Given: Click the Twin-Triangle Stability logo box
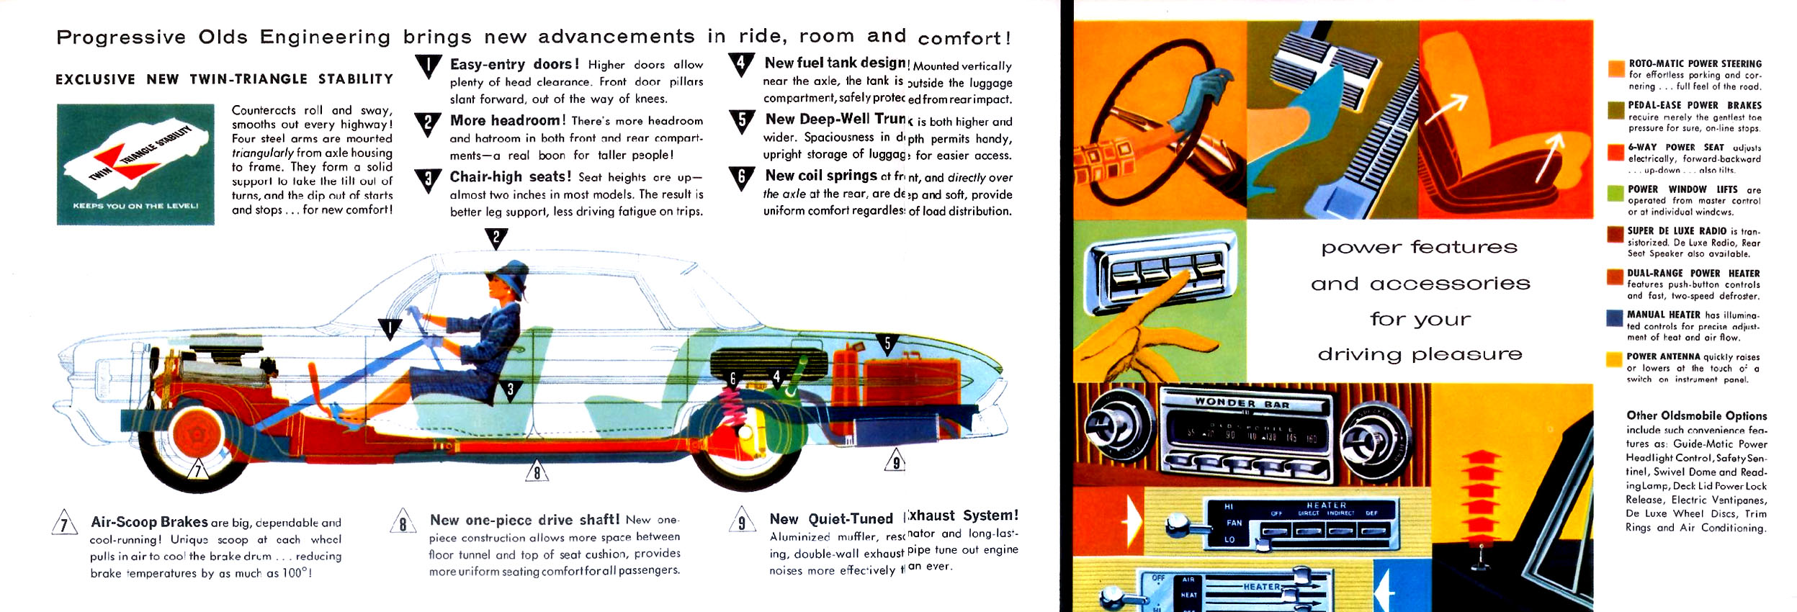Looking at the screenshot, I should click(x=135, y=164).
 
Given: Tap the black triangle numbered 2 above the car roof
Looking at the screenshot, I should click(x=496, y=237).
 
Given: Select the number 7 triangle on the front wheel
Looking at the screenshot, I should click(x=198, y=469).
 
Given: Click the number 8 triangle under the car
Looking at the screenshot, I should click(x=537, y=472).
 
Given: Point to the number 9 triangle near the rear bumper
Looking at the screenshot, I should click(x=895, y=461).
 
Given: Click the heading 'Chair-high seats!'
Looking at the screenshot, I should click(x=510, y=176).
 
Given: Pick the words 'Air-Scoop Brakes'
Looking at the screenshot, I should click(x=149, y=522).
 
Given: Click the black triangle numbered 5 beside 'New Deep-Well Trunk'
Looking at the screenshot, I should click(x=742, y=120).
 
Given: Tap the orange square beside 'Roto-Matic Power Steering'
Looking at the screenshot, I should click(x=1615, y=68).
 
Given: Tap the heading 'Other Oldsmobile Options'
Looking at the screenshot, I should click(x=1696, y=415).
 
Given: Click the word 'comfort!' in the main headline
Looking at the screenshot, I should click(x=964, y=38).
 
